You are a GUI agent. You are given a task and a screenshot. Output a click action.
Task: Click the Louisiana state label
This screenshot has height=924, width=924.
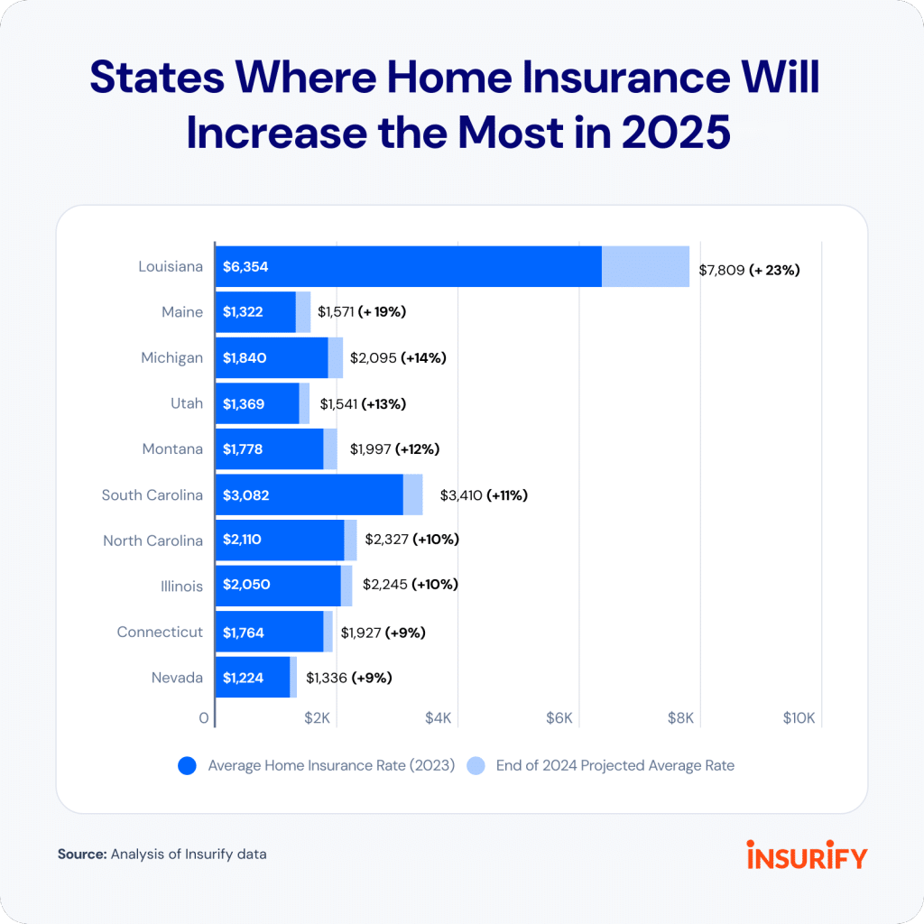171,266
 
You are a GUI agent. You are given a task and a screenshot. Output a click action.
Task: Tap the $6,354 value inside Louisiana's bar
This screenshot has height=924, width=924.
246,267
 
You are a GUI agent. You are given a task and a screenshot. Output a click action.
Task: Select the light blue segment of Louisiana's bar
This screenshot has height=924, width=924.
645,266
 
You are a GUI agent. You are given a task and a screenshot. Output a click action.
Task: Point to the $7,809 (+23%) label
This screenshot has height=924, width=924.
750,269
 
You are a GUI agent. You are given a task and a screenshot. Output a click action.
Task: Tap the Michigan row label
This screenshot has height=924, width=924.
171,357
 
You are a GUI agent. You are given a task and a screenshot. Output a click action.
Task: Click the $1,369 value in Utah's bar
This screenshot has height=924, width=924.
244,403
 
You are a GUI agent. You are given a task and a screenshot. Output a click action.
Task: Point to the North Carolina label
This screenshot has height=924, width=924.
152,541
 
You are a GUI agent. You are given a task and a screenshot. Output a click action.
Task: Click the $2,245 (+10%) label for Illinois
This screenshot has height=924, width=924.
411,586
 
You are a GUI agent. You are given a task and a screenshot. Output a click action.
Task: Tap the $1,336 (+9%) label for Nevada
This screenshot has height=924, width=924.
349,677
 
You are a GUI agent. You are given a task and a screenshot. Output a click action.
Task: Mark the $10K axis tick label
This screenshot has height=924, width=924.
799,718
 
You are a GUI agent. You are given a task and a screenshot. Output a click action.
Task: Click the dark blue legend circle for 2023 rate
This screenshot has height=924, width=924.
188,766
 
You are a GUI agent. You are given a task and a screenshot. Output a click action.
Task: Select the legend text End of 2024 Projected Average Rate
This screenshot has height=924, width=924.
614,765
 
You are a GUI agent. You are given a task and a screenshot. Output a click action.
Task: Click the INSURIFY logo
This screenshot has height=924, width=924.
806,854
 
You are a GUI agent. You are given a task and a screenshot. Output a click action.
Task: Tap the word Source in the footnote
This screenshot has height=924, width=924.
82,853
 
